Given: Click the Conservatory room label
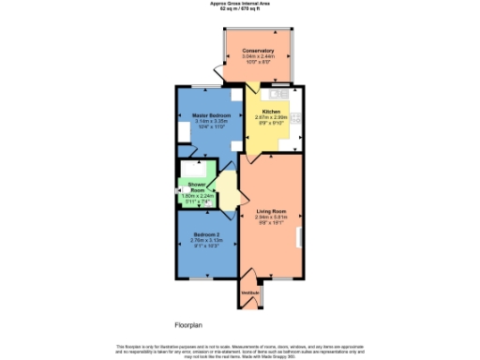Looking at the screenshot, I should [258, 50].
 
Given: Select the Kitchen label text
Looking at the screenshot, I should [271, 112].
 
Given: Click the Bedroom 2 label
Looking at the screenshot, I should [207, 233].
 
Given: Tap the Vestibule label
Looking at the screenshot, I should [249, 293].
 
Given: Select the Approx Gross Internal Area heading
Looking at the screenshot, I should [239, 4].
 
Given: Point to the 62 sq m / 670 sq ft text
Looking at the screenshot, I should [239, 9].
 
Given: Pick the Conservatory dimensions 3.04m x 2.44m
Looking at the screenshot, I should [258, 56].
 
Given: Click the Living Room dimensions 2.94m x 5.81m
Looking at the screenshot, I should [271, 217].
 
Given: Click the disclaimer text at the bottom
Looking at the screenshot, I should [239, 350].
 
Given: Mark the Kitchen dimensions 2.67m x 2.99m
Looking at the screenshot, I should [271, 117].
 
